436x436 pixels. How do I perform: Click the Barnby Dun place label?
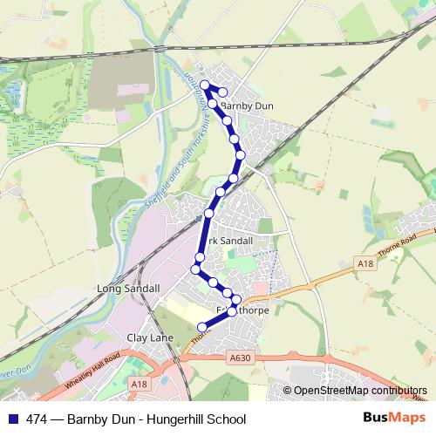pos(249,106)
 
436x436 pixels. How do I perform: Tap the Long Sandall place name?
pos(131,288)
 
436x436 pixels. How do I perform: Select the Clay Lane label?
pos(151,337)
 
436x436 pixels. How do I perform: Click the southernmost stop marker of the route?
pos(203,327)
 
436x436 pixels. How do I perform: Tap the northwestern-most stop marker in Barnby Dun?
pos(205,85)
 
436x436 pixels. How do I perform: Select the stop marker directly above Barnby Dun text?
pos(223,92)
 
